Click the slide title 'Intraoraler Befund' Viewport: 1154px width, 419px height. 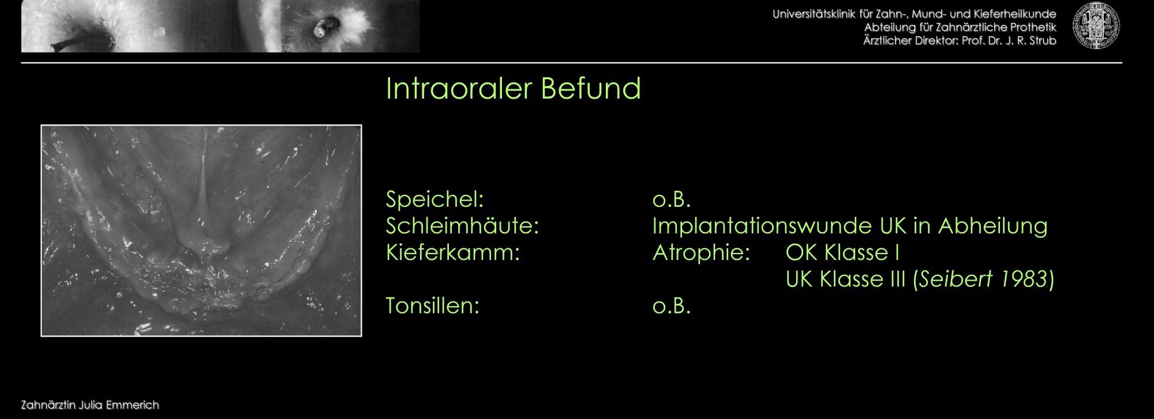tap(513, 89)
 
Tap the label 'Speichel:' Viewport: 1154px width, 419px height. tap(434, 199)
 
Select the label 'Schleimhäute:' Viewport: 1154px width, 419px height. tap(462, 226)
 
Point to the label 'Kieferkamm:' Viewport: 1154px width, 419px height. tap(453, 252)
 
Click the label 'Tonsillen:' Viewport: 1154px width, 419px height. tap(433, 305)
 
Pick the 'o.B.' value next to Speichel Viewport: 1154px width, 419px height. tap(672, 199)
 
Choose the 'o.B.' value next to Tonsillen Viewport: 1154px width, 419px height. tap(672, 305)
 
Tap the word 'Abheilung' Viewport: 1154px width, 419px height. tap(993, 226)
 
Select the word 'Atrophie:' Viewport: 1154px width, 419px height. tap(701, 252)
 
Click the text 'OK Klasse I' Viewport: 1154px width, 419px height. tap(842, 252)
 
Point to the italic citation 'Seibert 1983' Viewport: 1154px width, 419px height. tap(983, 279)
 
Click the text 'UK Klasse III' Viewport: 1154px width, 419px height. tap(846, 279)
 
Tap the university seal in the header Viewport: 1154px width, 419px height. tap(1096, 26)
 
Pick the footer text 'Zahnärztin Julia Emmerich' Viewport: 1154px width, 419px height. tap(90, 405)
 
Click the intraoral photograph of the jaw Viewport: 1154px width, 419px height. tap(201, 231)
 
